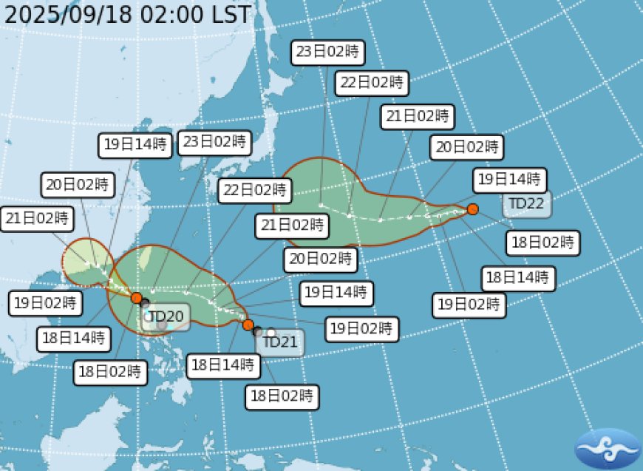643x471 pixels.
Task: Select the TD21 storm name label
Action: point(280,342)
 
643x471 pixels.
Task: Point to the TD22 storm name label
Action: point(527,203)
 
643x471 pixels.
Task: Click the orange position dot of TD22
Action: point(473,209)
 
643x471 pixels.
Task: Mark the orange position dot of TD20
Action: point(136,298)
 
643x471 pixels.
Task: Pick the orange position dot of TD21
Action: point(248,325)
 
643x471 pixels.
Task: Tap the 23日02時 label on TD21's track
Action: point(214,142)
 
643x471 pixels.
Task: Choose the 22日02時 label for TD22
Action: point(371,83)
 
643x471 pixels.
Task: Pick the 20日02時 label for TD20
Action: point(78,184)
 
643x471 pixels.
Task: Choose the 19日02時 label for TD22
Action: point(469,304)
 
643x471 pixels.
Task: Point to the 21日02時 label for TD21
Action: point(291,224)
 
